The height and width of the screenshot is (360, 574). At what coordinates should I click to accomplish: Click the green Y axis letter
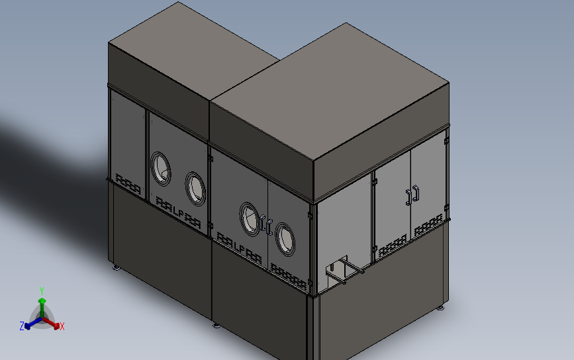point(42,291)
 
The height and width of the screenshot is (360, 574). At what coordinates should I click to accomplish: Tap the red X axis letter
point(62,326)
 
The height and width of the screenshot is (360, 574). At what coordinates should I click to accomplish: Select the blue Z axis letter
point(22,326)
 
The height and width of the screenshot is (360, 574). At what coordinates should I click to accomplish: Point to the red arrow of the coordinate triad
point(54,324)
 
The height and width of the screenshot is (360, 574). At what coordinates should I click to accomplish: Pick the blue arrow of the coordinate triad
point(29,324)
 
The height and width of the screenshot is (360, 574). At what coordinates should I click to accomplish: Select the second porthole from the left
point(195,187)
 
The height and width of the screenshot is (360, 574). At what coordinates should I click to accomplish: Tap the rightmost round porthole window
point(285,239)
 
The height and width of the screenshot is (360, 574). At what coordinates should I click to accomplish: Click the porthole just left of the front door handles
point(250,219)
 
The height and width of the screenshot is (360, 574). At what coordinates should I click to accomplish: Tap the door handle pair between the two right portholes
point(267,225)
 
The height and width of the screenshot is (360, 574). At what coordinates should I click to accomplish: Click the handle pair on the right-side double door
point(412,195)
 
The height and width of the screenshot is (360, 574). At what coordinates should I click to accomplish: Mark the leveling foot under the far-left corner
point(117,267)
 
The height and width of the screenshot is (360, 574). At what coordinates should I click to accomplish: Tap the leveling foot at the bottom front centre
point(216,324)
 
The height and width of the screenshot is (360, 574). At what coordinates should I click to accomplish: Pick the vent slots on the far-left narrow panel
point(128,183)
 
